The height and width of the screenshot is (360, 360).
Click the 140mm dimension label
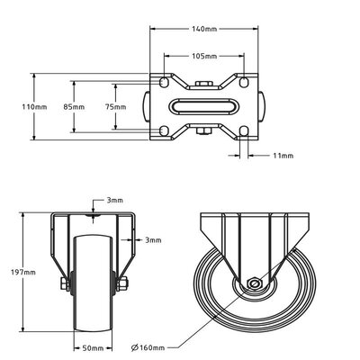(x=204, y=30)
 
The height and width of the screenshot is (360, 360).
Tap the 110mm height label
(x=35, y=106)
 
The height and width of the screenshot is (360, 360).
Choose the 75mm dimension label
(x=116, y=106)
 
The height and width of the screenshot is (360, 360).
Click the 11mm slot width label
(x=282, y=156)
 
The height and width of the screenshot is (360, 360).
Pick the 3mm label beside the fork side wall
(x=153, y=240)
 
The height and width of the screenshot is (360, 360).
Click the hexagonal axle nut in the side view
(x=256, y=287)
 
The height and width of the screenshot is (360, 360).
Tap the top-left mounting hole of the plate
(x=163, y=82)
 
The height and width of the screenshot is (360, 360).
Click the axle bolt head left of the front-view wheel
(x=59, y=287)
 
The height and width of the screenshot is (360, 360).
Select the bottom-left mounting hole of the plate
(x=163, y=132)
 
